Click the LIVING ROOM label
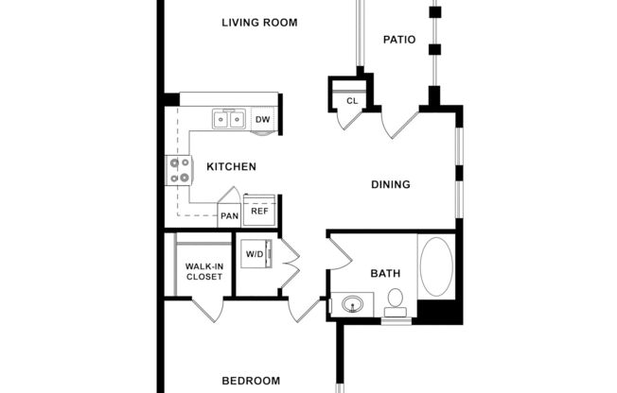coord(259,23)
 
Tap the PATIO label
coord(399,40)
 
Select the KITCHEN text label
coord(232,167)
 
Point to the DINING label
coord(390,184)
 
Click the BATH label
coord(385,273)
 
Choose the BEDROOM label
coord(251,381)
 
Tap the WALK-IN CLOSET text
coord(204,272)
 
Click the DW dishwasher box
coord(263,119)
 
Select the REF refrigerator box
coord(259,211)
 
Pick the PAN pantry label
coord(229,216)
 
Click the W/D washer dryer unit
coord(255,255)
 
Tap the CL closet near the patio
coord(351,100)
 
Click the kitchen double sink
coord(228,119)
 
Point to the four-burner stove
coord(178,170)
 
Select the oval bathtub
coord(436,267)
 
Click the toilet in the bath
coord(396,302)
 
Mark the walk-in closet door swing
coord(206,310)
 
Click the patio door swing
coord(399,124)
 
